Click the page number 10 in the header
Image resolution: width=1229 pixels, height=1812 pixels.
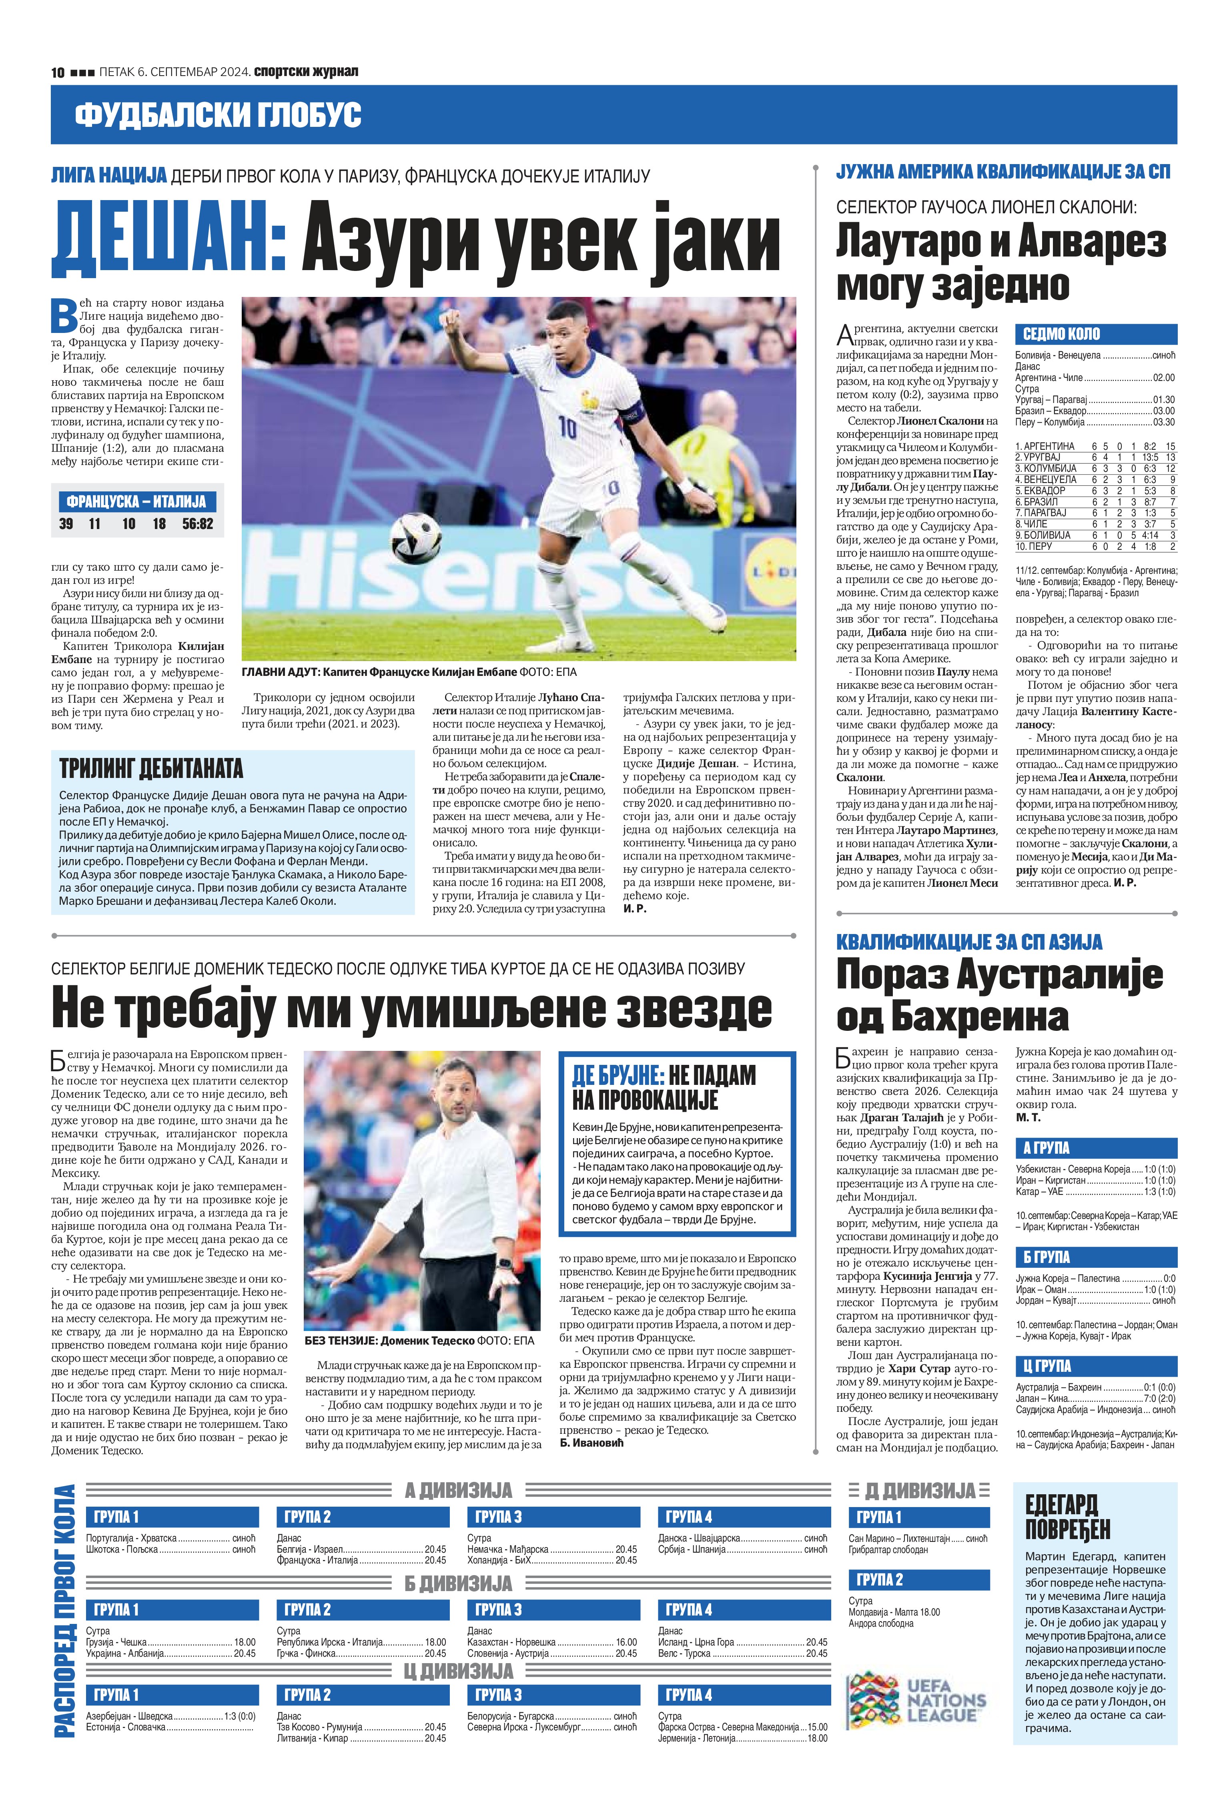(x=58, y=72)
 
